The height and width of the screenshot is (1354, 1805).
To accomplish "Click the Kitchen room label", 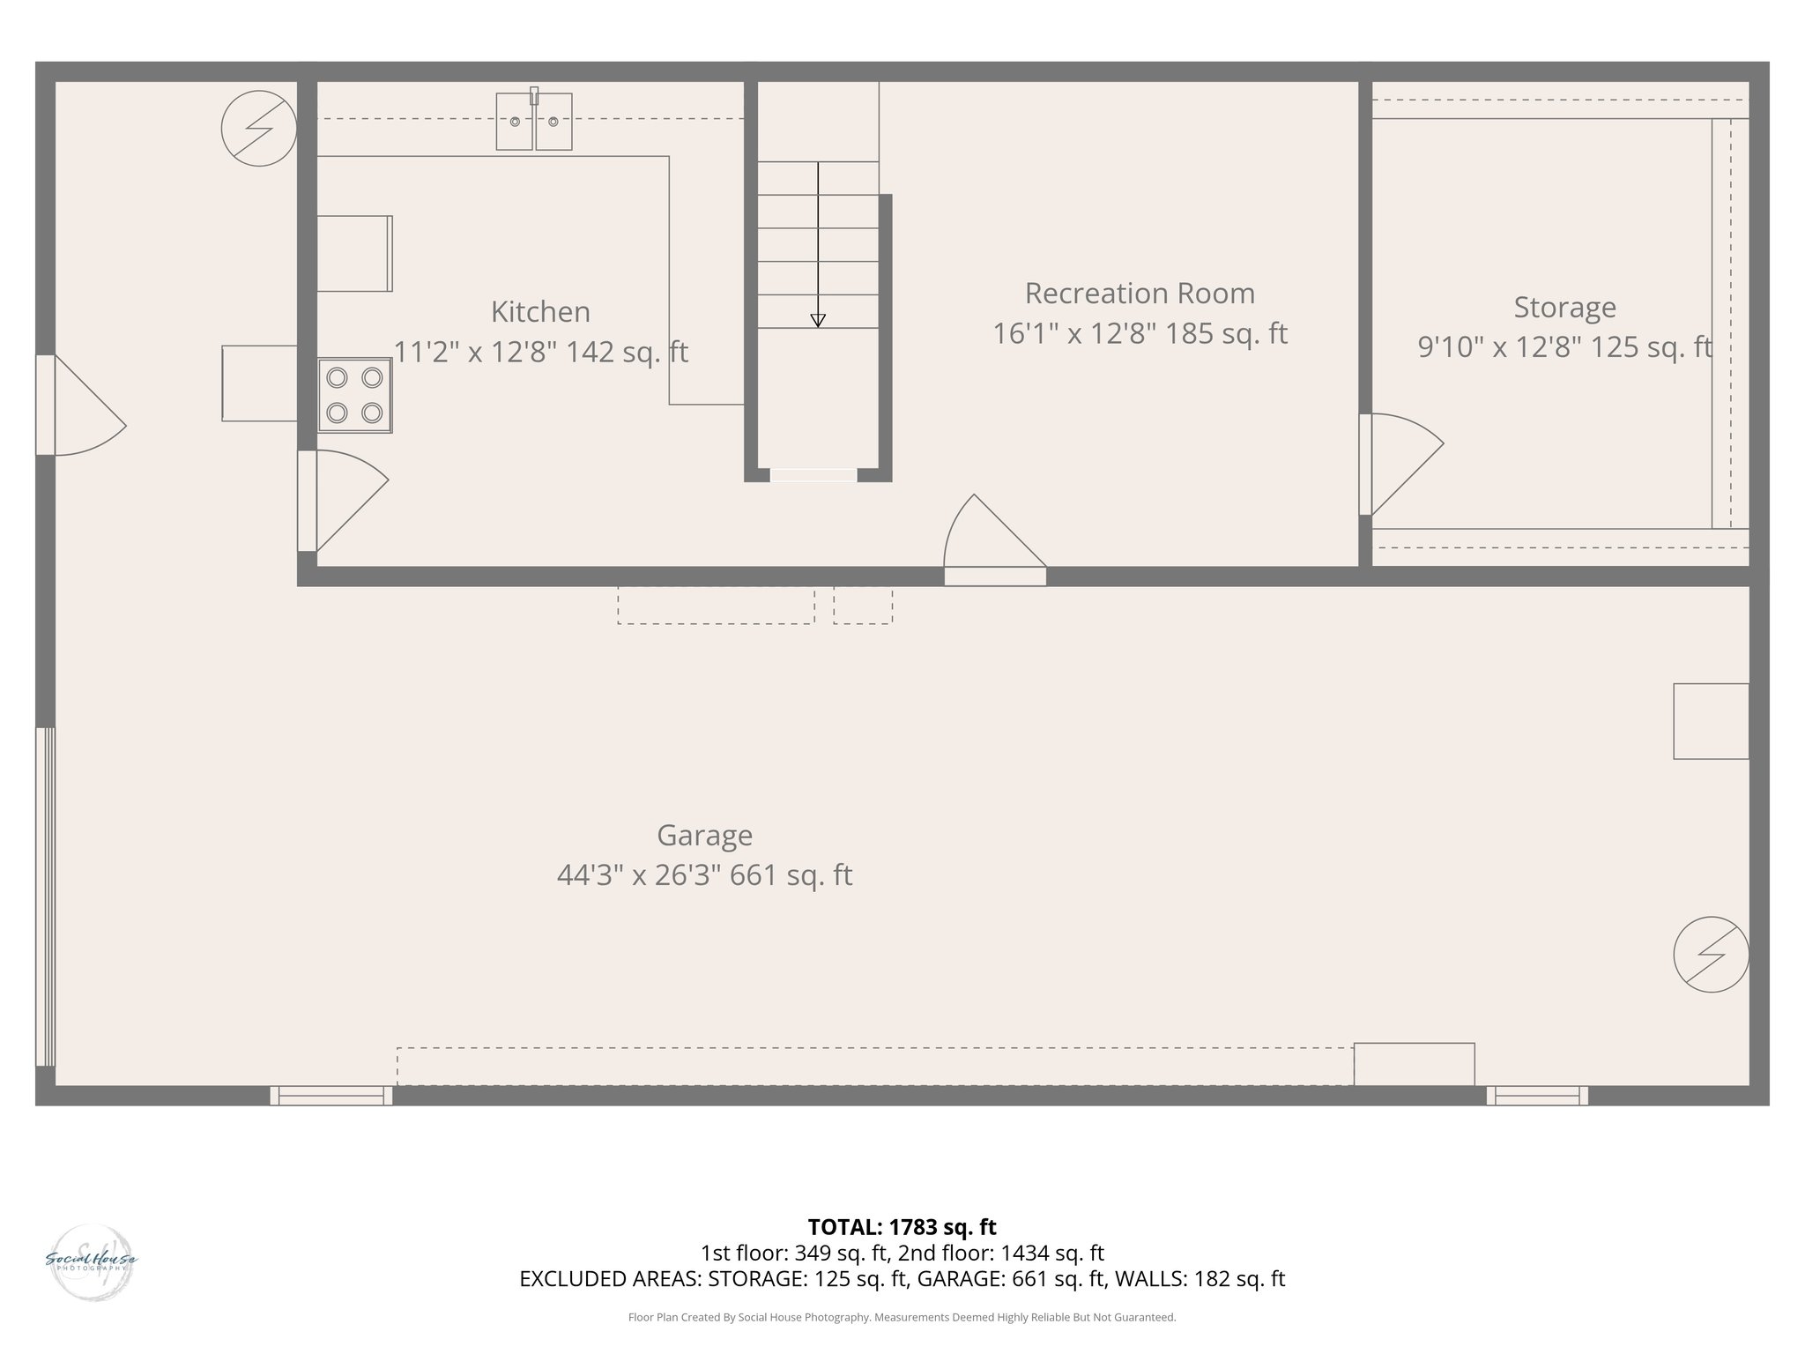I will click(540, 312).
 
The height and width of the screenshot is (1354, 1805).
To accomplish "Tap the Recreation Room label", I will click(1140, 294).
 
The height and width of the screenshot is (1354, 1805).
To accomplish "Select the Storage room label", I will click(1564, 308).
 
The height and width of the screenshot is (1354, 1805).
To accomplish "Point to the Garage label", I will click(704, 835).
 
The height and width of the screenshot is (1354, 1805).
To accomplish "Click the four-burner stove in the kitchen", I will click(355, 395).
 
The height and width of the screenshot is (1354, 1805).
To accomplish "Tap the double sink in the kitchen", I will click(534, 122).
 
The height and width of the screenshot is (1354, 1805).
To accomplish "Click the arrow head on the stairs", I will click(818, 321).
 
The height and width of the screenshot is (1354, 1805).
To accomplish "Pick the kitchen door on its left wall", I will click(344, 501).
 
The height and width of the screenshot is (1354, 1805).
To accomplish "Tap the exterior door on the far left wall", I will click(81, 405).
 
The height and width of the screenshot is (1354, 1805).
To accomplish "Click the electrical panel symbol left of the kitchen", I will click(258, 129).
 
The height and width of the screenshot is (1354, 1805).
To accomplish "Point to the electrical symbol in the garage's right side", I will click(1711, 955).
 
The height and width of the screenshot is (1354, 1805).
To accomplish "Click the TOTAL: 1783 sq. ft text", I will click(902, 1227).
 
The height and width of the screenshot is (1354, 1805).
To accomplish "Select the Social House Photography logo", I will click(91, 1261).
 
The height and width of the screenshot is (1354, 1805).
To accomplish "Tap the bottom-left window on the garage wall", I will click(331, 1096).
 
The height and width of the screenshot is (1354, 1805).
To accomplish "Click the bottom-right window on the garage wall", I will click(1537, 1096).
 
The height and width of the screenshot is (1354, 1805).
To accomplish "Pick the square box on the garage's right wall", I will click(1711, 721).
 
